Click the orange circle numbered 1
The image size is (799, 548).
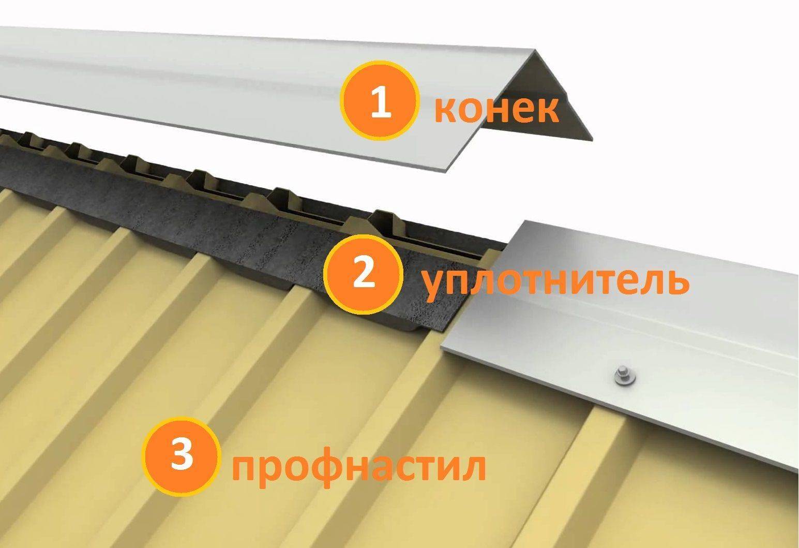point(379,100)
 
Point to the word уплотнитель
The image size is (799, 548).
point(556,282)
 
